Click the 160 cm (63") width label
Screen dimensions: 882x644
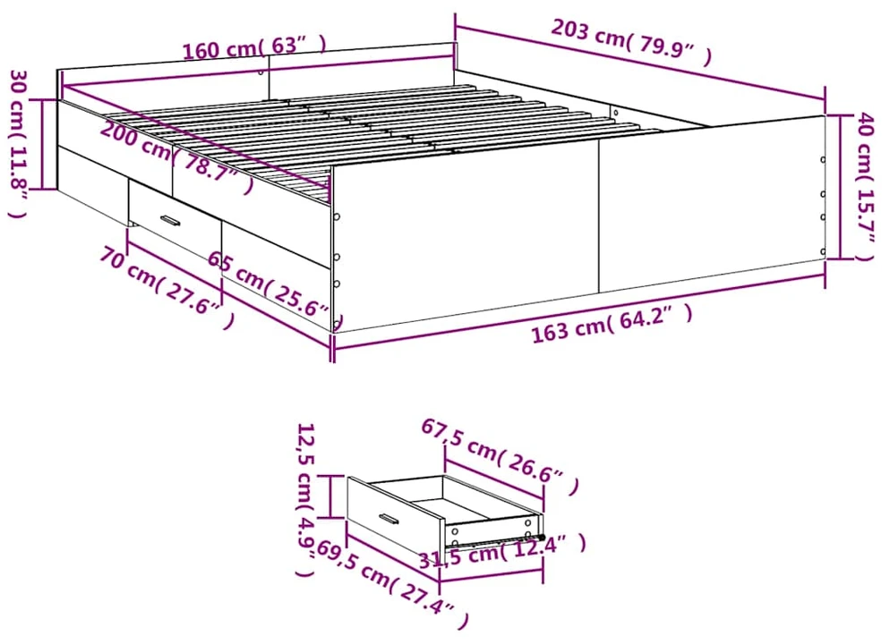pyautogui.click(x=255, y=47)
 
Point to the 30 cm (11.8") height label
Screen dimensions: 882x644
pyautogui.click(x=19, y=143)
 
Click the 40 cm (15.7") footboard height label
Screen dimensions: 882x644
pyautogui.click(x=865, y=186)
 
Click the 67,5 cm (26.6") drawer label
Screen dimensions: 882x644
pyautogui.click(x=500, y=457)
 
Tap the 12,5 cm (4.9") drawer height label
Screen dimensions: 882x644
pyautogui.click(x=305, y=500)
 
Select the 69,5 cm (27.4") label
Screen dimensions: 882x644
pyautogui.click(x=392, y=583)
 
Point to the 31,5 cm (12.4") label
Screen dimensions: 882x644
pyautogui.click(x=502, y=550)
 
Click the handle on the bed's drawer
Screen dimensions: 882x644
pyautogui.click(x=170, y=220)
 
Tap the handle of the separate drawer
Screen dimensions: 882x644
pyautogui.click(x=389, y=519)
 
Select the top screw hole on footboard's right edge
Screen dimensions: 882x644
pyautogui.click(x=823, y=159)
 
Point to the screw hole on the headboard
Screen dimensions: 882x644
pyautogui.click(x=261, y=72)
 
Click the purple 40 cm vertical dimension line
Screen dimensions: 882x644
pyautogui.click(x=840, y=187)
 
